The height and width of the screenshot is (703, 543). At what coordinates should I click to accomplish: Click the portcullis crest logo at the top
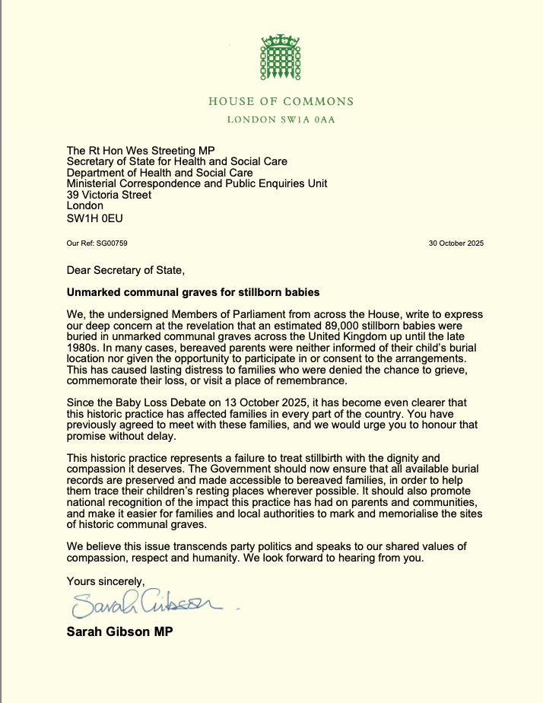[x=281, y=60]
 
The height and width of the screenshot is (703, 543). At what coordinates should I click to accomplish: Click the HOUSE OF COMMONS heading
[x=281, y=101]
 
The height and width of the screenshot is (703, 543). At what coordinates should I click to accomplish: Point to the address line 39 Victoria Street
[x=110, y=195]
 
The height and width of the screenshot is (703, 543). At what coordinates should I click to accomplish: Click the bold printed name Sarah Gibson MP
[x=119, y=631]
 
